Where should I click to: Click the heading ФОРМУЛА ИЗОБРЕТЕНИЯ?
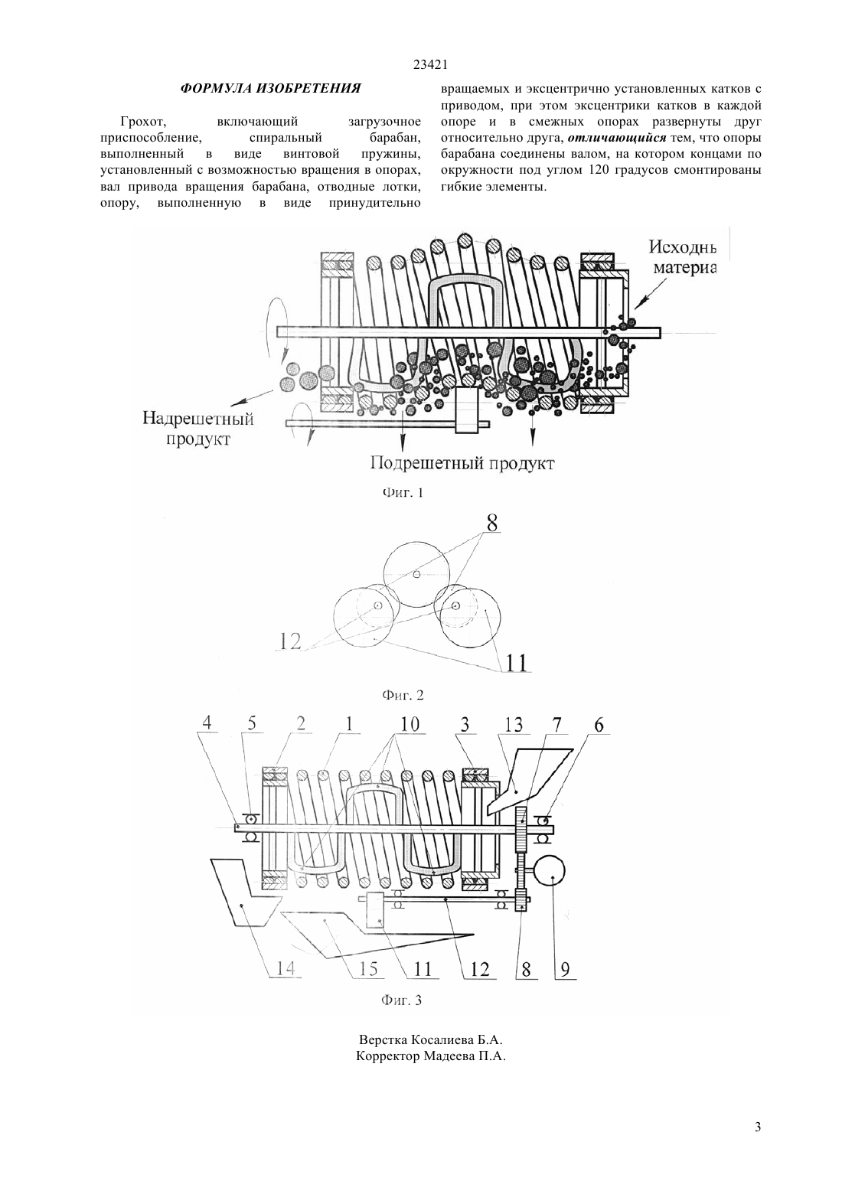(x=270, y=88)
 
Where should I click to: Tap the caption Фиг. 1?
(x=403, y=492)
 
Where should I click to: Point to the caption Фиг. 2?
(x=403, y=695)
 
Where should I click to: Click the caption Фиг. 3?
(x=401, y=1000)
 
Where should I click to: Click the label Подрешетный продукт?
(x=462, y=462)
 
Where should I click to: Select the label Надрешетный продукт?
(x=197, y=429)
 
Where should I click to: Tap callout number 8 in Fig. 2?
(x=491, y=524)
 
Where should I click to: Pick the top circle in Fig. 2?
(x=416, y=575)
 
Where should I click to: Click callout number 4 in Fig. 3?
(x=207, y=723)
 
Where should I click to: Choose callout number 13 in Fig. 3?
(x=514, y=724)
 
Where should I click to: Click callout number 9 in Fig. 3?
(x=565, y=970)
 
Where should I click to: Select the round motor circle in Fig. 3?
(x=550, y=872)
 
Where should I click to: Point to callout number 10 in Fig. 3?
(x=409, y=724)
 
